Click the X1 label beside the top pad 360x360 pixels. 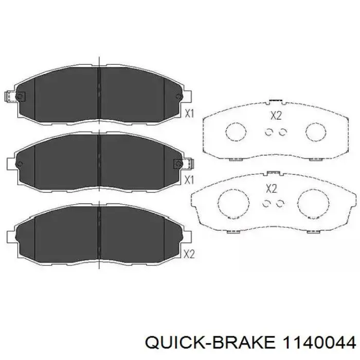coord(189,114)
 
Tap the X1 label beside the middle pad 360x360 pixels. coord(189,180)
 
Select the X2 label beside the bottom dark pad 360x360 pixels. coord(189,254)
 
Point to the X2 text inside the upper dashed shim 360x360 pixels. coord(276,116)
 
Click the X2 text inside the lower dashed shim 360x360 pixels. coord(272,189)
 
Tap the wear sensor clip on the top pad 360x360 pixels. coord(15,96)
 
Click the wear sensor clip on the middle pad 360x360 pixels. coord(183,164)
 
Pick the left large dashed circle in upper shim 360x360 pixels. coord(236,132)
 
